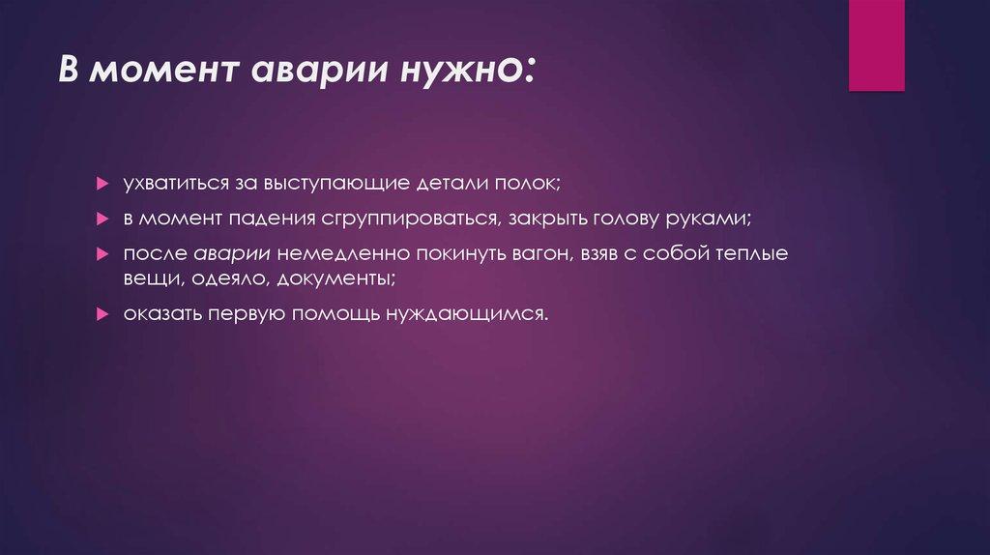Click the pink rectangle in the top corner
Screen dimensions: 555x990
[x=876, y=45]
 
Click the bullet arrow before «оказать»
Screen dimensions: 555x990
[x=102, y=314]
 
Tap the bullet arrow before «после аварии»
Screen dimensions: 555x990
[x=102, y=253]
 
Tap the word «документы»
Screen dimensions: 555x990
[x=336, y=278]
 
